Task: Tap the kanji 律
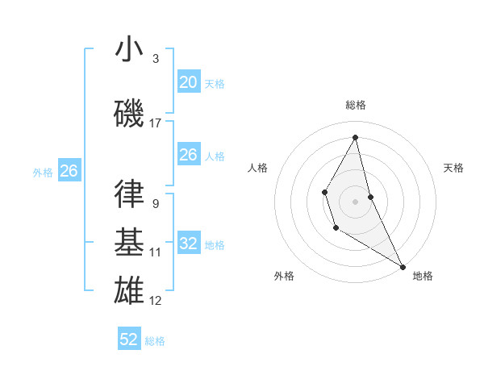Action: [x=128, y=194]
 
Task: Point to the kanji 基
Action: [x=128, y=241]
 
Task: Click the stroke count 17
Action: [x=156, y=123]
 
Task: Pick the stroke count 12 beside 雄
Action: [x=156, y=301]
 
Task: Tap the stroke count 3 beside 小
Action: [x=156, y=59]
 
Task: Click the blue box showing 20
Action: [x=188, y=82]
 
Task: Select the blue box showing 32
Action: [x=188, y=244]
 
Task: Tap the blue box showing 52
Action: [x=129, y=339]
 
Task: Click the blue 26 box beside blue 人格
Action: [x=188, y=155]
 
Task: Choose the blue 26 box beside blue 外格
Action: [x=69, y=171]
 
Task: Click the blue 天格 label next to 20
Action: [x=215, y=84]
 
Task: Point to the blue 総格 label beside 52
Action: [x=155, y=341]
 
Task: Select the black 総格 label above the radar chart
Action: [x=356, y=105]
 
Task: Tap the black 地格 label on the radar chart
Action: [x=423, y=276]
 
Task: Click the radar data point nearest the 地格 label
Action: [x=403, y=267]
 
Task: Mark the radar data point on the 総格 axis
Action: [x=356, y=137]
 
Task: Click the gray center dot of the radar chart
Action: [x=356, y=201]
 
